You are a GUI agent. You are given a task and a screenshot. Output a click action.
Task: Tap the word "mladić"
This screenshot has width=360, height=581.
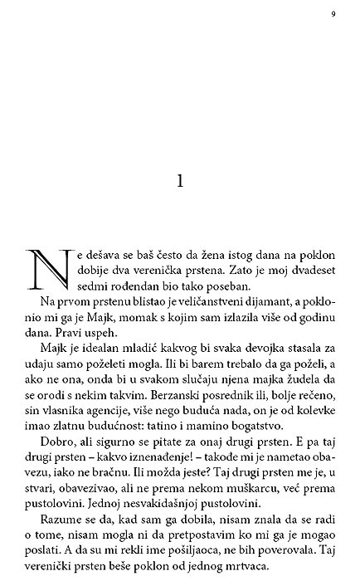pyautogui.click(x=136, y=359)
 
